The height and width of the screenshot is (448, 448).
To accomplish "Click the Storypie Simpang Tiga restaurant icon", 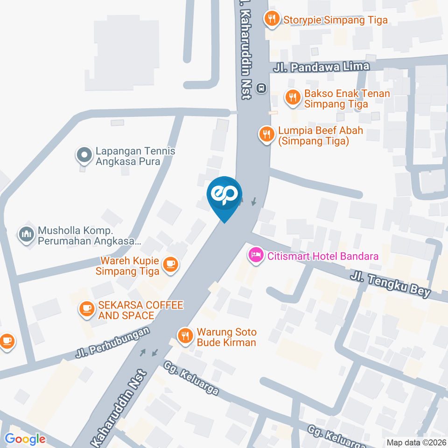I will point(272,19).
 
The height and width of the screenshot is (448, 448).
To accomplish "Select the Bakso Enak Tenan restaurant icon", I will point(293,98).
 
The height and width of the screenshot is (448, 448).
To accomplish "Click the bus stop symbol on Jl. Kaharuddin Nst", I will point(262,87).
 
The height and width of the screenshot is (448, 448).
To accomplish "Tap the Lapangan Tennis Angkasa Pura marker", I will point(84,155).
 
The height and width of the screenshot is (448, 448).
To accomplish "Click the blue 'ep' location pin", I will point(225,195).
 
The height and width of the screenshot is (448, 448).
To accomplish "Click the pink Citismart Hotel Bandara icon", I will point(255,255).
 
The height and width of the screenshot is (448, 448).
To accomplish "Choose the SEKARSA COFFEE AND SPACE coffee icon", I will point(87,309).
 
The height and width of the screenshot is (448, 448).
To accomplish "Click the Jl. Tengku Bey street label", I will point(390,285).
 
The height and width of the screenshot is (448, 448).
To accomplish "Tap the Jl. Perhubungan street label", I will point(114,343).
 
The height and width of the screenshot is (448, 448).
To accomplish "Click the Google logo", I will point(25,439).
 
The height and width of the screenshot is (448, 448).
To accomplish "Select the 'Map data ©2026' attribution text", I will point(416,441).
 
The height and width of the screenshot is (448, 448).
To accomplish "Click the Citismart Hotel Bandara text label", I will point(322,256).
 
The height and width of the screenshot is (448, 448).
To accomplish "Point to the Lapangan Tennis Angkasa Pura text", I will point(135,156).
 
